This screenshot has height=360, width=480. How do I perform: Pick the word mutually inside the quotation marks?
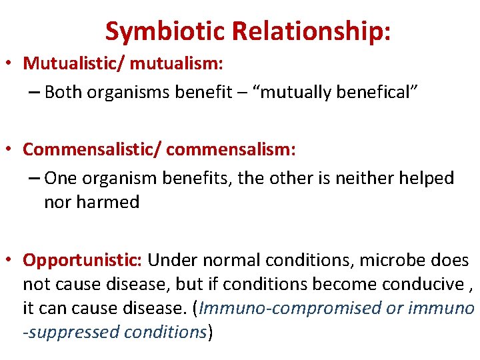pos(289,92)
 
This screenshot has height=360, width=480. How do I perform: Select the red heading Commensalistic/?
pos(91,149)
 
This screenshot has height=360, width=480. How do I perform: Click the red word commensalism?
pos(231,149)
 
